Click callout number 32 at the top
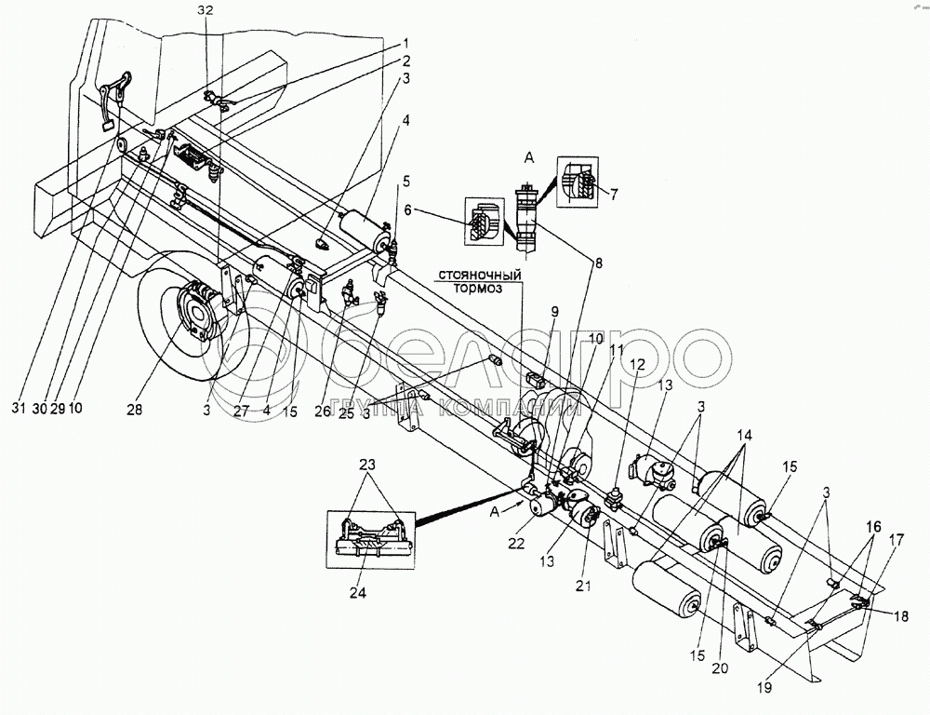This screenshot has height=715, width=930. [x=207, y=10]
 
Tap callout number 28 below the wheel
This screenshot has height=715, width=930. [x=135, y=409]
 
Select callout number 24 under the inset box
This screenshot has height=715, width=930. [x=358, y=592]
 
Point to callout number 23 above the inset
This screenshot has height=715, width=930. [x=367, y=465]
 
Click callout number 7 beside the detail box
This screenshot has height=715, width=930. [x=614, y=193]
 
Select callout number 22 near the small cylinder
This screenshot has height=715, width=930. [x=516, y=544]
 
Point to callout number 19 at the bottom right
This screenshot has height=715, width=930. [x=765, y=688]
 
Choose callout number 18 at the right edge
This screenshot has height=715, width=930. [x=900, y=617]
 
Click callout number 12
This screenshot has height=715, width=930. [x=636, y=364]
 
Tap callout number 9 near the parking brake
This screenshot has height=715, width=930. [x=554, y=311]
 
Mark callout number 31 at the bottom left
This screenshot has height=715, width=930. [x=20, y=409]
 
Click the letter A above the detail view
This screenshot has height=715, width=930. [x=530, y=157]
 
